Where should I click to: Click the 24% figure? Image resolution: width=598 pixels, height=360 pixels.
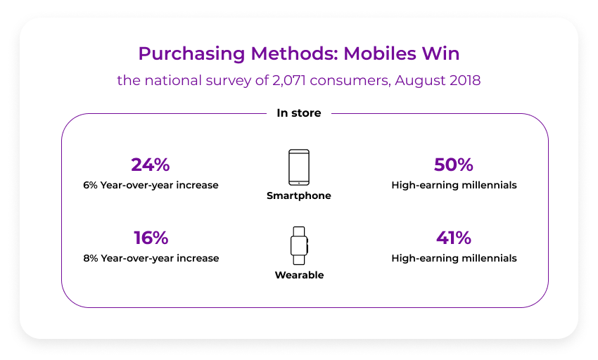151,165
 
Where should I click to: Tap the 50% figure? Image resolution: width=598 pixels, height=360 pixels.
454,165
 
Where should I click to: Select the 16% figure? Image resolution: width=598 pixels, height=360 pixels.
151,238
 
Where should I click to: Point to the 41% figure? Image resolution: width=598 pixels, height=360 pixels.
454,238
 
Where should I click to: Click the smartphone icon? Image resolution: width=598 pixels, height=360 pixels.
299,167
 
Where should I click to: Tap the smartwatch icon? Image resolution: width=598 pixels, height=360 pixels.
299,245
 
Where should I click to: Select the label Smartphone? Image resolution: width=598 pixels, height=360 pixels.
299,196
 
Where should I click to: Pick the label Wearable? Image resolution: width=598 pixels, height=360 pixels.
299,275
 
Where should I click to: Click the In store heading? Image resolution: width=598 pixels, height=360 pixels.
299,113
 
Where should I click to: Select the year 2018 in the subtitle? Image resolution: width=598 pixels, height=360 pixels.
465,80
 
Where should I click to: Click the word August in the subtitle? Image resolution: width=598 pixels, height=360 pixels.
420,81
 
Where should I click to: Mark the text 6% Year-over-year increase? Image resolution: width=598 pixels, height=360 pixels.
151,186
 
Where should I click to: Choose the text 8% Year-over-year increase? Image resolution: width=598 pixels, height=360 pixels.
151,258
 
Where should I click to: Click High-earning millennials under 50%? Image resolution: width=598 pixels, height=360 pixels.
454,186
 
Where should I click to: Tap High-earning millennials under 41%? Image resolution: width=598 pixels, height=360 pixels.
454,258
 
